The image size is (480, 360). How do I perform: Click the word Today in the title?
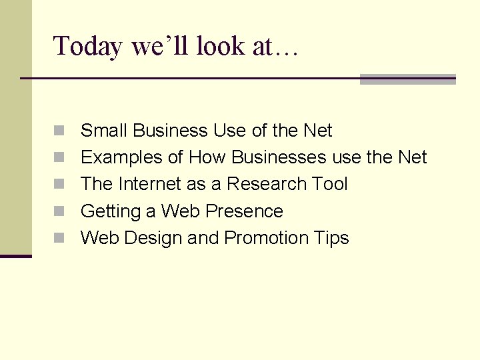point(88,47)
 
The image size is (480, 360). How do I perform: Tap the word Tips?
point(332,238)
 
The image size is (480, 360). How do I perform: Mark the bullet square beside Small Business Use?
point(59,131)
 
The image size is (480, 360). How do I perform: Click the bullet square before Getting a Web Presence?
point(59,212)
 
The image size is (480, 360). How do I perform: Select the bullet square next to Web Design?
point(59,239)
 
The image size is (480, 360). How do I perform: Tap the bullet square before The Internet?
point(59,185)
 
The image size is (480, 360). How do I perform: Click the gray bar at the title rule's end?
point(407,79)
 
